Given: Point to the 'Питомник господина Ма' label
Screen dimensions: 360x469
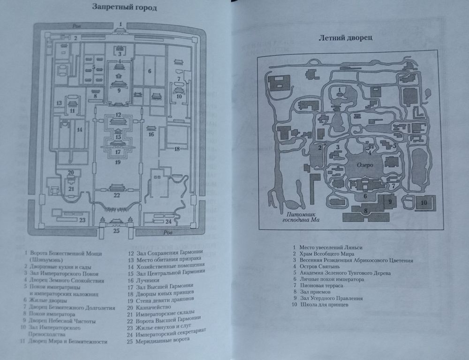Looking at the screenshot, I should click(x=298, y=216).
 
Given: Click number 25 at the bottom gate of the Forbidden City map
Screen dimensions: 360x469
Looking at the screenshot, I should click(x=117, y=230).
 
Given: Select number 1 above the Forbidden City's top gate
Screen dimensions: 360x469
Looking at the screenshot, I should click(x=120, y=23).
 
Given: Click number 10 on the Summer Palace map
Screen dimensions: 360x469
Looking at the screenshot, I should click(x=423, y=202).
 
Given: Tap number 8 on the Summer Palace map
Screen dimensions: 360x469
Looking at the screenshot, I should click(x=366, y=212).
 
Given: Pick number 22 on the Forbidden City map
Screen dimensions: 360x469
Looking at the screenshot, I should click(x=117, y=195).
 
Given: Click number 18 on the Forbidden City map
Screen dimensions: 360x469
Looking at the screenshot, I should click(x=177, y=149).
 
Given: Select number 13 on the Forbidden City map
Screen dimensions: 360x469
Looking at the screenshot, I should click(x=59, y=103).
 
